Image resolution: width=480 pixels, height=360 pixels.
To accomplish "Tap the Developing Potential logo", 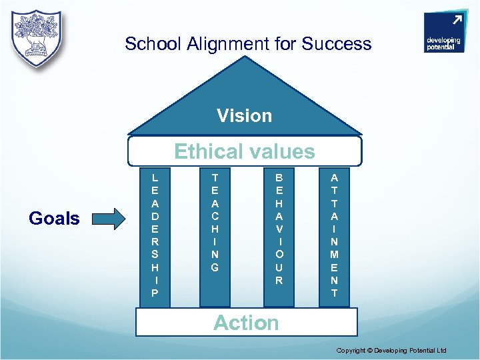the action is point(443,33).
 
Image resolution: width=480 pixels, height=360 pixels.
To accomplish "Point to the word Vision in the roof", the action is point(244,116).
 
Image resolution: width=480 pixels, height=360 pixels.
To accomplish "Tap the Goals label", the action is point(54,218).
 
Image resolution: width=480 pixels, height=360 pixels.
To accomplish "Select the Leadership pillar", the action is point(155,236).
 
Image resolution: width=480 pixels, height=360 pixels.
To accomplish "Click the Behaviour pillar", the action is point(279,236).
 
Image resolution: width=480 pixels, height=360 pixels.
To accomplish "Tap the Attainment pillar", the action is point(334,236).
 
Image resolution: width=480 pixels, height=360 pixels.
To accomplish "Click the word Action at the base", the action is point(246,323).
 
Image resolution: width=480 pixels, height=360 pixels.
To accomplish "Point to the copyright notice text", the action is point(391,351).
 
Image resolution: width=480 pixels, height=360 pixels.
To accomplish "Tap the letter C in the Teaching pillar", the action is point(215,217).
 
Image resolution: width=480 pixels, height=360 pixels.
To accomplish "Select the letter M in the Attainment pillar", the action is point(334,255).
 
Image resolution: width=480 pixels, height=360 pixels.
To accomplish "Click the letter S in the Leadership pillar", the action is point(155,255).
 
